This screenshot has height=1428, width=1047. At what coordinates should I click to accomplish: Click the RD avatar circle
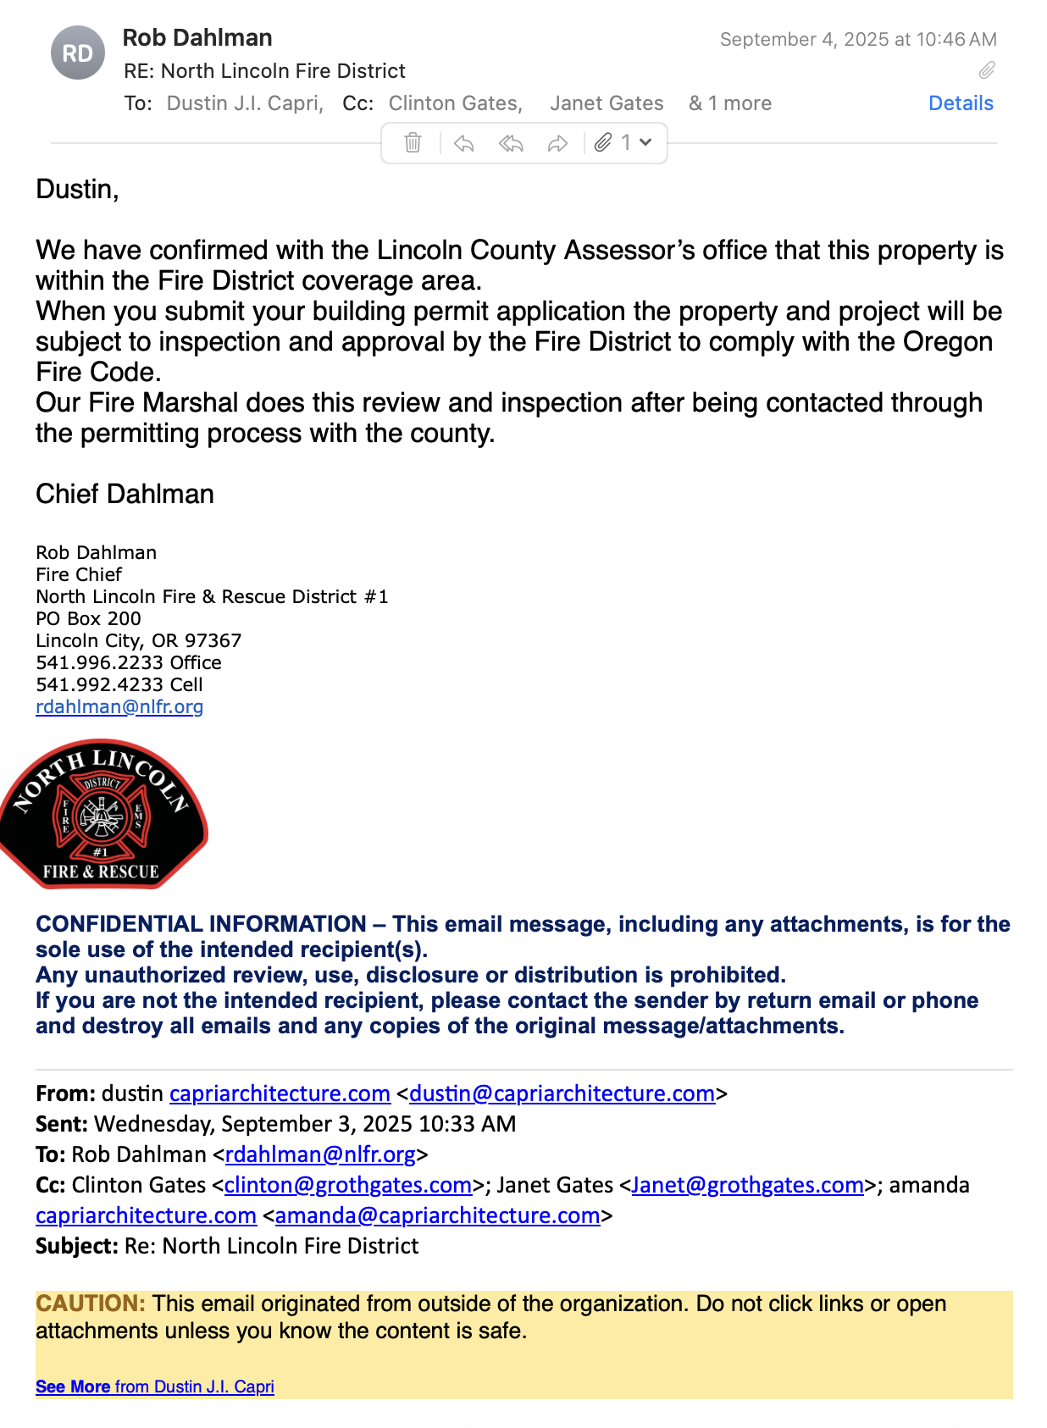coord(78,53)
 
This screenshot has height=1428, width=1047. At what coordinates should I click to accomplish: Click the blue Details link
coord(960,103)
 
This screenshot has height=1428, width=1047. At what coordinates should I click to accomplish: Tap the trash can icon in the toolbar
coord(413,142)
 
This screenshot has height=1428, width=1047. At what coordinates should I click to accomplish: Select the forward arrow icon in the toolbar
coord(557,143)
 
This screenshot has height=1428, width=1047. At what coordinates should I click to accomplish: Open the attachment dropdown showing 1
coord(623,142)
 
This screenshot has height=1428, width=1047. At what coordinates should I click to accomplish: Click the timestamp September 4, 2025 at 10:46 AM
coord(857,39)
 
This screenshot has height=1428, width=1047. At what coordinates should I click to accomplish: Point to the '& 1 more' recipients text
coord(729,103)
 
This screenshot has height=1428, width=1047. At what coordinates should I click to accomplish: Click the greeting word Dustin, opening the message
coord(77,189)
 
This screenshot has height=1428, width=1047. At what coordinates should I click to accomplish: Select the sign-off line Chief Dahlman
coord(125,494)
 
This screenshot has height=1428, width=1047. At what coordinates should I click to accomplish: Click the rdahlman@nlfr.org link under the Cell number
coord(119,706)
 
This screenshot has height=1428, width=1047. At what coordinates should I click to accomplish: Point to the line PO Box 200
coord(88,618)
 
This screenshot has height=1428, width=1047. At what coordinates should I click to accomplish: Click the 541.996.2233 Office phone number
coord(128,662)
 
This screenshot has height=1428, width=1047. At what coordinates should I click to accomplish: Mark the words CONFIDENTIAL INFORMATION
coord(201,924)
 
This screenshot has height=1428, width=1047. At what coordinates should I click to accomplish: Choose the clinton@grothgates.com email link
coord(347,1185)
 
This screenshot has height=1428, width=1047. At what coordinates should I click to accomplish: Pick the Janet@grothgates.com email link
coord(747,1185)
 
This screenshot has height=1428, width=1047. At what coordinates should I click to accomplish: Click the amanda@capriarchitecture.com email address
coord(437,1215)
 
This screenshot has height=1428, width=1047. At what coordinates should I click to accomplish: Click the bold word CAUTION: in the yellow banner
coord(91,1303)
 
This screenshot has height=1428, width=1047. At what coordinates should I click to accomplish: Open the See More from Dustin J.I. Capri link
coord(154,1386)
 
